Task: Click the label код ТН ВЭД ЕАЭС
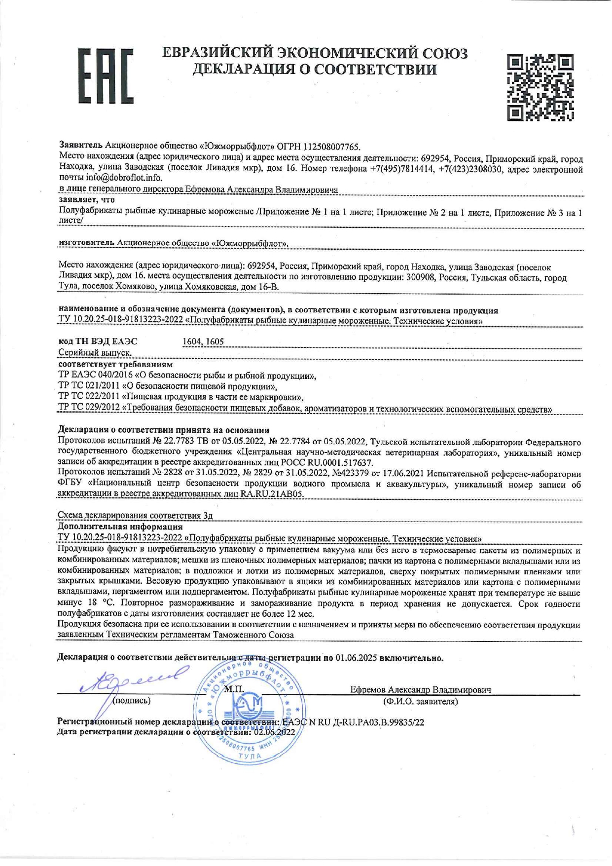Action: [98, 341]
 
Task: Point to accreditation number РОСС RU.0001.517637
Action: [332, 463]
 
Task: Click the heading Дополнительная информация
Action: [120, 527]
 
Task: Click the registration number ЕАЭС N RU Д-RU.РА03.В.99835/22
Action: [353, 723]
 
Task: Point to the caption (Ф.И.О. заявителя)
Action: [420, 701]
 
